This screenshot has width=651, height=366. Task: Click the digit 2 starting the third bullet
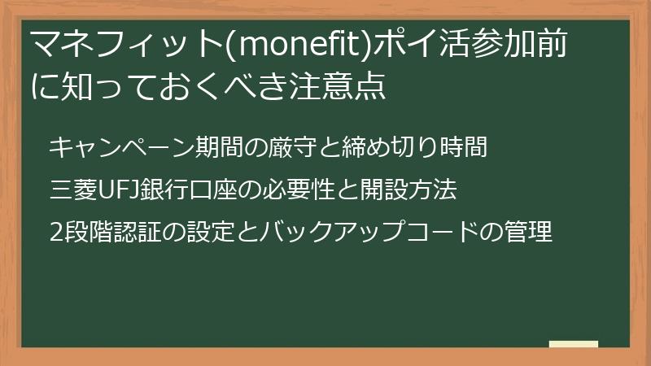tap(55, 234)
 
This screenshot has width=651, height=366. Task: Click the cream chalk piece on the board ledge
tap(573, 345)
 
